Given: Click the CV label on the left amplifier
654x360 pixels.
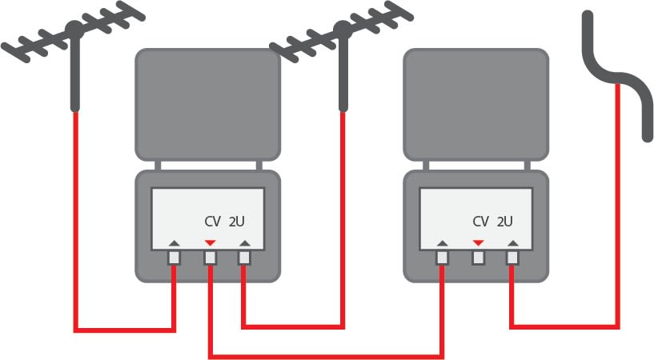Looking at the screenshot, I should coord(212,222).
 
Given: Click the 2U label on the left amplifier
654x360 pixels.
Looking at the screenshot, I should coord(237,222).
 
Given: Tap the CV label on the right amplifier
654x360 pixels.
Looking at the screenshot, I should coord(480,222).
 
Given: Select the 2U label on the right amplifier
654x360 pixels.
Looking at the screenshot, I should coord(505,222).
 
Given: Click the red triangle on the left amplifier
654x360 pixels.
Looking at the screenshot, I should coord(210,242).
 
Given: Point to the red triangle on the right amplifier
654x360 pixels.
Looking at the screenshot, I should coord(479,242).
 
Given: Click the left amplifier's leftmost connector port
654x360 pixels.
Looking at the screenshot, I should coord(175,258).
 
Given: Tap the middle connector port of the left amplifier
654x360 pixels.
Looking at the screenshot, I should coord(210,258).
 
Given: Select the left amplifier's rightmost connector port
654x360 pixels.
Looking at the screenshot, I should coord(245,258).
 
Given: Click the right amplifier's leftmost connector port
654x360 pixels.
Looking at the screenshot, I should coord(443,258).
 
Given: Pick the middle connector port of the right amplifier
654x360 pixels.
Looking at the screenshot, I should coord(479,258).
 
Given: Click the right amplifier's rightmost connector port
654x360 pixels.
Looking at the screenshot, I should coord(513,258).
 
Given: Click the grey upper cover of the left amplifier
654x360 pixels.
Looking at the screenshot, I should coord(207,104).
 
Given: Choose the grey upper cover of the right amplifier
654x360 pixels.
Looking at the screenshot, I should coord(476,104).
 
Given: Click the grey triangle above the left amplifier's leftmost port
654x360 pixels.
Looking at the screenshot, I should coord(175,242).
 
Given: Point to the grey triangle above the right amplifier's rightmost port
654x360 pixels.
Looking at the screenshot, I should coord(513,242).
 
